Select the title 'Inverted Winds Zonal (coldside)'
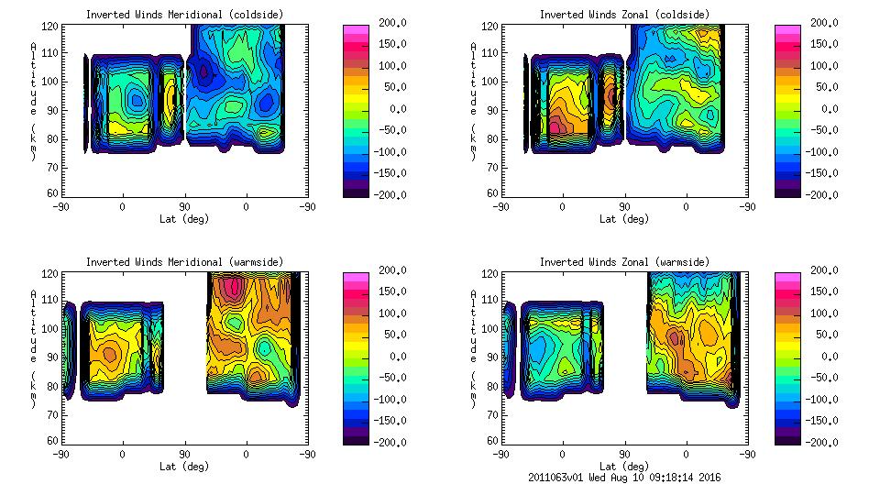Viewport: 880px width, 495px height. pyautogui.click(x=624, y=15)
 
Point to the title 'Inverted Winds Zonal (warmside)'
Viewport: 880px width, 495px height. pyautogui.click(x=624, y=262)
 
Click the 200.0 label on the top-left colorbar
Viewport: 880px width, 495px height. pyautogui.click(x=391, y=22)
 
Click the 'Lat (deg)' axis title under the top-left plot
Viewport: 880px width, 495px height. pyautogui.click(x=183, y=219)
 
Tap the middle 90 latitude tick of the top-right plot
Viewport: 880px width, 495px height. pyautogui.click(x=624, y=207)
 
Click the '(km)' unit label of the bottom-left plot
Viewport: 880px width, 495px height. pyautogui.click(x=33, y=389)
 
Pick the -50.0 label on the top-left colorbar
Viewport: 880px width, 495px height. pyautogui.click(x=391, y=129)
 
